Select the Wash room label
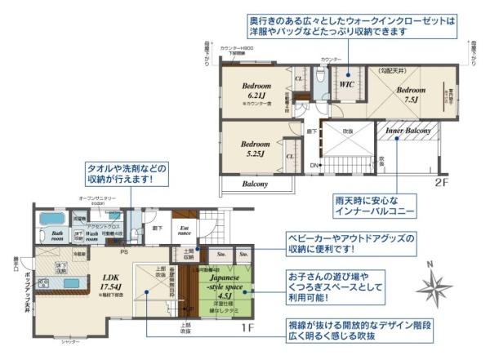click(x=91, y=236)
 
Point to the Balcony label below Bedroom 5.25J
click(x=255, y=184)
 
